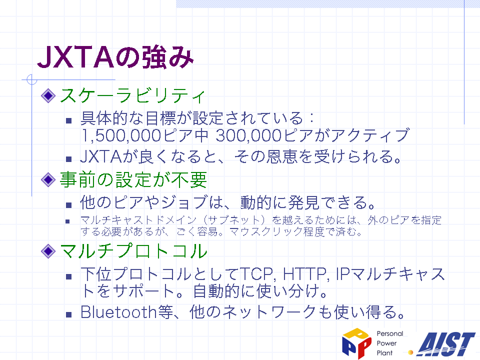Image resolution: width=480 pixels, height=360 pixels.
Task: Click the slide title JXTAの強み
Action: pyautogui.click(x=115, y=57)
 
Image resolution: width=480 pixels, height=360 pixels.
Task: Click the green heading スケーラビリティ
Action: pyautogui.click(x=132, y=95)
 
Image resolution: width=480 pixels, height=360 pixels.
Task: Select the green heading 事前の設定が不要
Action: pyautogui.click(x=133, y=179)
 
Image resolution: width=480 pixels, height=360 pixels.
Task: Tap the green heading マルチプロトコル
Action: pyautogui.click(x=133, y=251)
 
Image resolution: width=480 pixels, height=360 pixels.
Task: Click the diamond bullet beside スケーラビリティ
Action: pyautogui.click(x=48, y=95)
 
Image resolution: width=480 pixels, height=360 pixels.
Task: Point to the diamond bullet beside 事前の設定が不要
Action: pyautogui.click(x=48, y=179)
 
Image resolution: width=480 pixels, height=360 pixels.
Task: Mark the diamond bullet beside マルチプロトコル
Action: pyautogui.click(x=48, y=251)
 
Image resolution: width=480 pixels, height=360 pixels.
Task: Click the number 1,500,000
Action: pyautogui.click(x=121, y=135)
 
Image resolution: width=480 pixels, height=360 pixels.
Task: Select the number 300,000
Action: pyautogui.click(x=248, y=135)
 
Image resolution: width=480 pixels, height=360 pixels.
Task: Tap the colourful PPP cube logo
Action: pyautogui.click(x=356, y=343)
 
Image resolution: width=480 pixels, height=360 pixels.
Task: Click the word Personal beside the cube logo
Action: pyautogui.click(x=389, y=333)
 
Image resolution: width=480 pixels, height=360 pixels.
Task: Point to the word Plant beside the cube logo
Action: pyautogui.click(x=384, y=353)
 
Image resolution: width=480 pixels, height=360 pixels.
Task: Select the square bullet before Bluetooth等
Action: pyautogui.click(x=68, y=314)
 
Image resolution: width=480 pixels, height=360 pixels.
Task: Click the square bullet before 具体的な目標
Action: pyautogui.click(x=68, y=120)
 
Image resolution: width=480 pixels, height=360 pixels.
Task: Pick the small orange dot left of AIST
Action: pyautogui.click(x=410, y=352)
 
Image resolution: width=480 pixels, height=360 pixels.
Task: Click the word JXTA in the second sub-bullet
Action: pyautogui.click(x=101, y=156)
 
